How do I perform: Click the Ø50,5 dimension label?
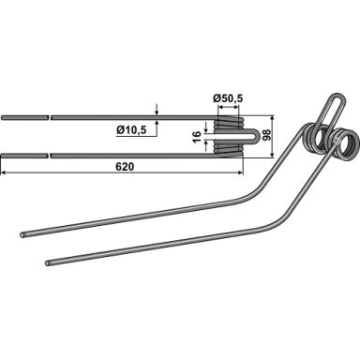click(228, 98)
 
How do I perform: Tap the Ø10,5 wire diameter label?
click(131, 129)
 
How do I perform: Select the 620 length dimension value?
click(125, 167)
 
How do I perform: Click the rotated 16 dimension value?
click(196, 137)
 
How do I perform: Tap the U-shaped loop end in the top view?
click(257, 136)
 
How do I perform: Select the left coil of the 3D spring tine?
click(315, 140)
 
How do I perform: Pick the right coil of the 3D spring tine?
click(344, 146)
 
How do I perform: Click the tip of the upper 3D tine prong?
click(22, 234)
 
